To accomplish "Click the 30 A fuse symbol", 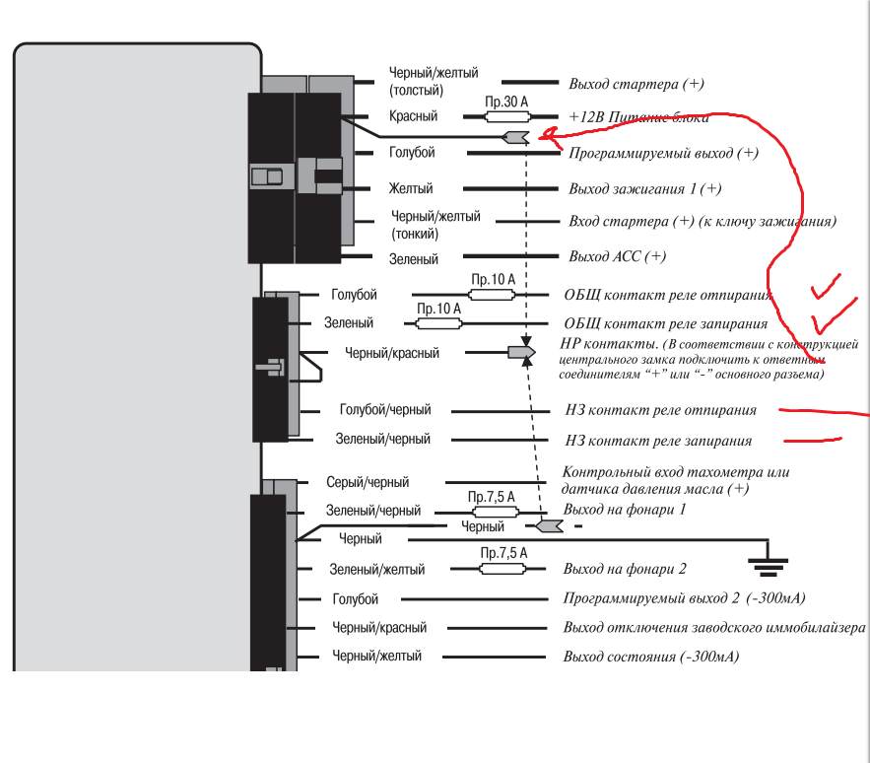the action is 507,116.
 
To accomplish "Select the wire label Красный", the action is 414,116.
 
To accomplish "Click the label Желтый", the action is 411,188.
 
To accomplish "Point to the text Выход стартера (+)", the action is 636,84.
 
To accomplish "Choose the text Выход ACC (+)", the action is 618,256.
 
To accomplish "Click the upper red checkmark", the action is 827,286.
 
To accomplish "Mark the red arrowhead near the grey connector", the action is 547,134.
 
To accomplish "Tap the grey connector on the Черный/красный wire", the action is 521,352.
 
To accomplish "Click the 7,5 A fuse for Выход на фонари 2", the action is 502,569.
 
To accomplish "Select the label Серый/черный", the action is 368,482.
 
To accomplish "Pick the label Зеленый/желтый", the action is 376,569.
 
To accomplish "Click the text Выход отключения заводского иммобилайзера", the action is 714,628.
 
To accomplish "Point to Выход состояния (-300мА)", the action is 651,657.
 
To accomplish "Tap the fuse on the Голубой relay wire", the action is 493,295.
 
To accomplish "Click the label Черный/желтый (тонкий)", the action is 435,225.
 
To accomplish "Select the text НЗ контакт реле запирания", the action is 658,441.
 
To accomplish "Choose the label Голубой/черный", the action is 385,410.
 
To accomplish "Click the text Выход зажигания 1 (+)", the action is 644,189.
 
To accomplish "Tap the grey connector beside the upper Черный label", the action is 550,525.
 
